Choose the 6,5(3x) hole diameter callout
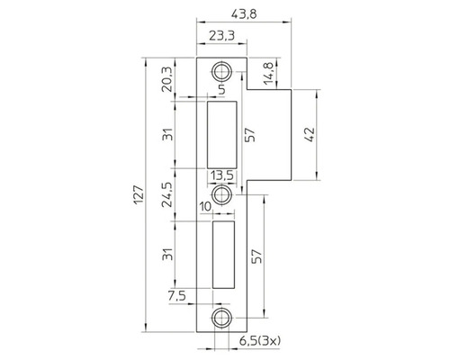(x=261, y=341)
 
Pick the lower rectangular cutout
(x=221, y=256)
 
